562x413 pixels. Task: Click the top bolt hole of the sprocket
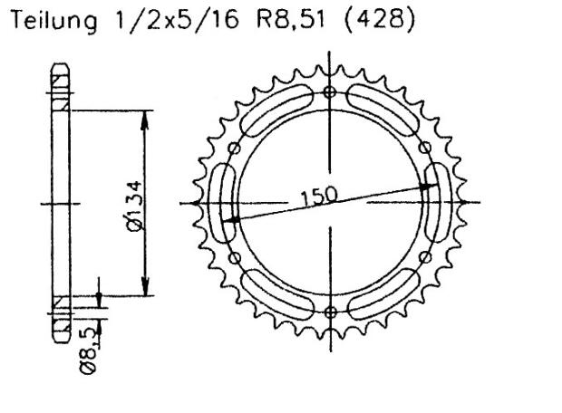(x=329, y=92)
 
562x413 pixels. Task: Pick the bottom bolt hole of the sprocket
(x=329, y=312)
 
